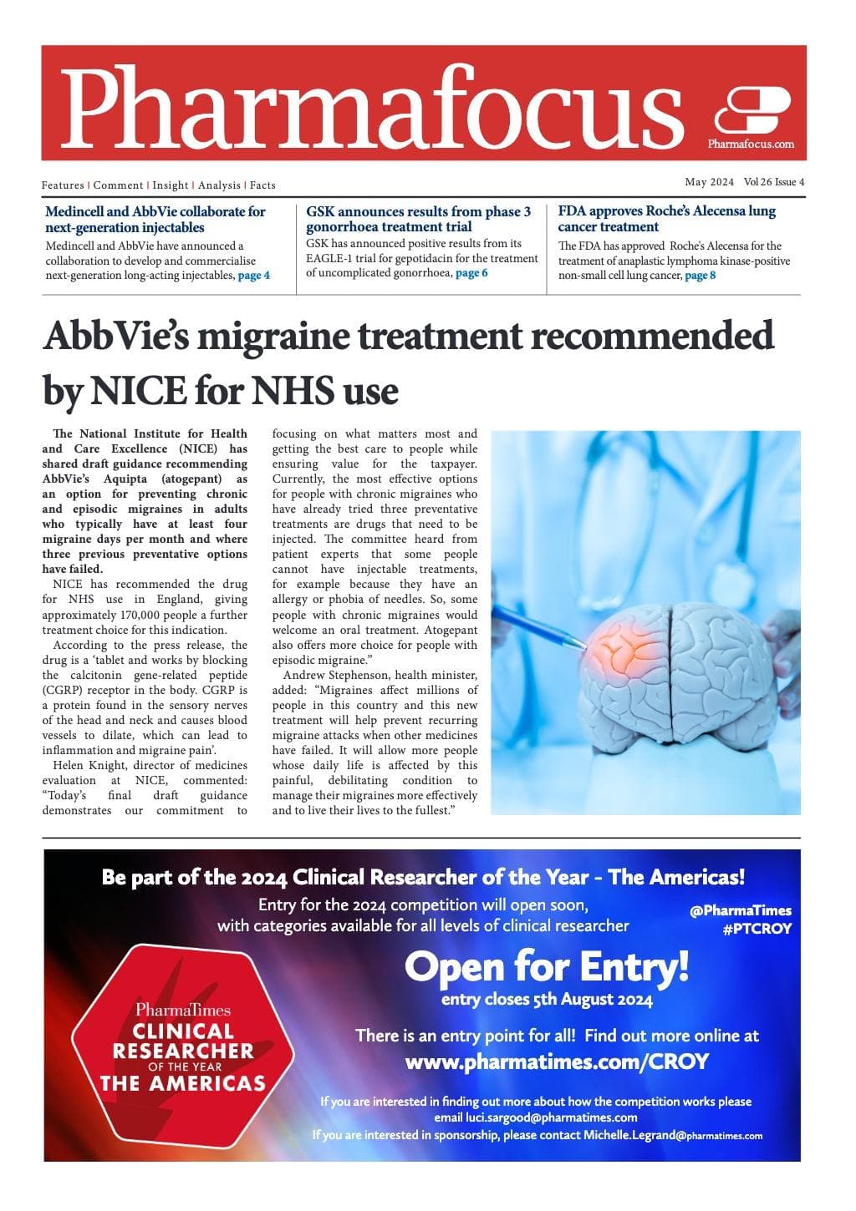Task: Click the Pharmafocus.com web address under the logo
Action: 751,144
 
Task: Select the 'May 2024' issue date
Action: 709,182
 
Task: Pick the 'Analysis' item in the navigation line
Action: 219,185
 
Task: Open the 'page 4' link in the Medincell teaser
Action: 254,276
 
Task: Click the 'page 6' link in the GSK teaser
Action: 471,273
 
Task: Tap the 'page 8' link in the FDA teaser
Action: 700,276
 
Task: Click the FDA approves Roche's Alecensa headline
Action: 666,219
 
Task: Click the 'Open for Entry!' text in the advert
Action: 547,968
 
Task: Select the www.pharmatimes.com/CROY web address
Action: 557,1062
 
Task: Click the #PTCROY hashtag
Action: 757,929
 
